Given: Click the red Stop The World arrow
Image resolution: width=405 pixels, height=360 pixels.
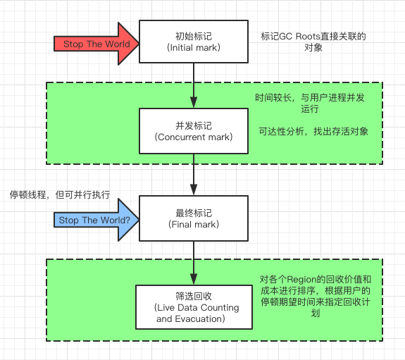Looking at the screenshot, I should (95, 44).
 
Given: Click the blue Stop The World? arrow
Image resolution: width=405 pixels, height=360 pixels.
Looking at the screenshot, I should (95, 220).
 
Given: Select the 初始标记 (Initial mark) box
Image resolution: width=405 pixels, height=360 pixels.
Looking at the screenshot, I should (194, 42).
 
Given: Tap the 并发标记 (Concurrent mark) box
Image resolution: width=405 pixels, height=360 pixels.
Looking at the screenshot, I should (194, 131).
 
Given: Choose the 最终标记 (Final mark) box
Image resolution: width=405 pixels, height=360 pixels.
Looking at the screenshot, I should (194, 218).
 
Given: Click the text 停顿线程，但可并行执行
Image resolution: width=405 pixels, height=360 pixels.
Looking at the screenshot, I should (59, 194).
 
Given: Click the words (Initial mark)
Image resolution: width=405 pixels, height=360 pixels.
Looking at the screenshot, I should (194, 48).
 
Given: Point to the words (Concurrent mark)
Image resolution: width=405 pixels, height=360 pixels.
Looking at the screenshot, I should (194, 137).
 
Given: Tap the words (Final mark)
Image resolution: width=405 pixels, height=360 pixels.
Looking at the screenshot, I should (194, 225).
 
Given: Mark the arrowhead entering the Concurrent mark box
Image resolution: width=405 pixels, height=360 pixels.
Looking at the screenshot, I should (194, 104).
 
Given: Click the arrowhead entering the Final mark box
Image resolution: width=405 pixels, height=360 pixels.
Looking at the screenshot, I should (194, 192).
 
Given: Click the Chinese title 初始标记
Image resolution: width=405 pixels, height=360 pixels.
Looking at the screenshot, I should (194, 35).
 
